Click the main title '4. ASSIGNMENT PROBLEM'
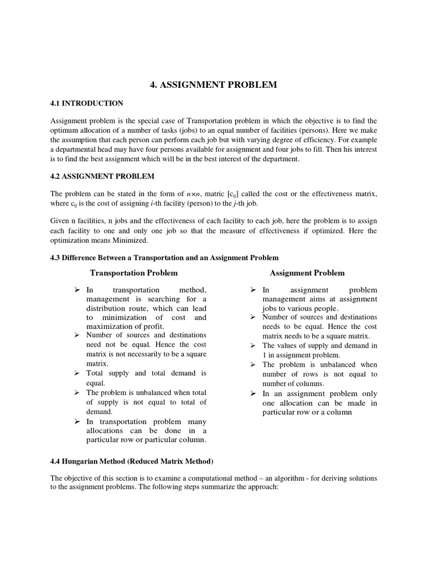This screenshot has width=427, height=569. click(213, 85)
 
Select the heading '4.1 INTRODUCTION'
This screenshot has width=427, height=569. click(87, 103)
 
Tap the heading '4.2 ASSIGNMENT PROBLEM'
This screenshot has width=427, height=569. click(103, 176)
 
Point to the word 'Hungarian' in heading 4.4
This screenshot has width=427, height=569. click(81, 461)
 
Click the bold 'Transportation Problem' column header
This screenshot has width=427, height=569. click(134, 273)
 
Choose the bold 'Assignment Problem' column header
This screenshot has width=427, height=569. click(307, 273)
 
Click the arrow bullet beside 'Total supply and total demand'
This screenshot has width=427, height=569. click(77, 373)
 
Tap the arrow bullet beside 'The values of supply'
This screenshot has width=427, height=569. click(252, 346)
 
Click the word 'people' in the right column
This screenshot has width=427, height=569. click(326, 308)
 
